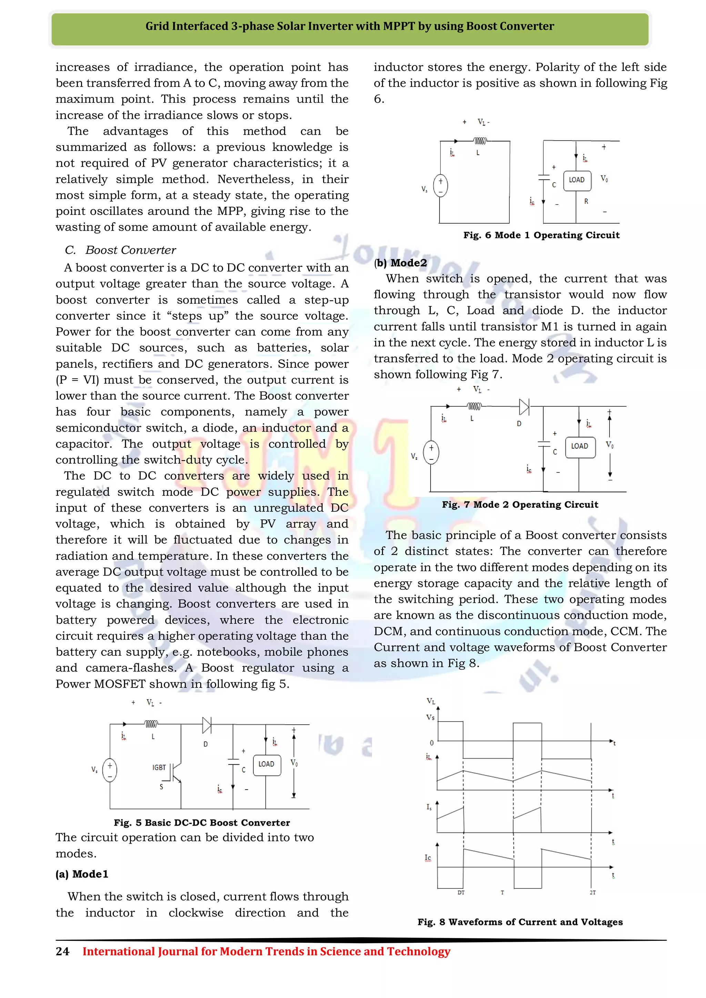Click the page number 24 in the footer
coord(62,951)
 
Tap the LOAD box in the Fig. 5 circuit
coord(266,764)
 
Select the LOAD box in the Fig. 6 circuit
coord(577,180)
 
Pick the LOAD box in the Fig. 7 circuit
coord(579,446)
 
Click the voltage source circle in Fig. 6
coord(440,186)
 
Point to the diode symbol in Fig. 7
coord(524,407)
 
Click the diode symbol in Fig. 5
coord(207,725)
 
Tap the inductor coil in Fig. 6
coord(480,141)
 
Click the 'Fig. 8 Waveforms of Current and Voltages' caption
coord(520,922)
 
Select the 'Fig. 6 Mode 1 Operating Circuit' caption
coord(541,235)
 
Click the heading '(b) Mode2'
coord(400,263)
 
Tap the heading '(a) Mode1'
coord(82,874)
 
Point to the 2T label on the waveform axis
coord(593,892)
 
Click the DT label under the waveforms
coord(461,892)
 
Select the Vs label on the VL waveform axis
coord(430,717)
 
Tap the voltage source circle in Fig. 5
coord(110,770)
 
